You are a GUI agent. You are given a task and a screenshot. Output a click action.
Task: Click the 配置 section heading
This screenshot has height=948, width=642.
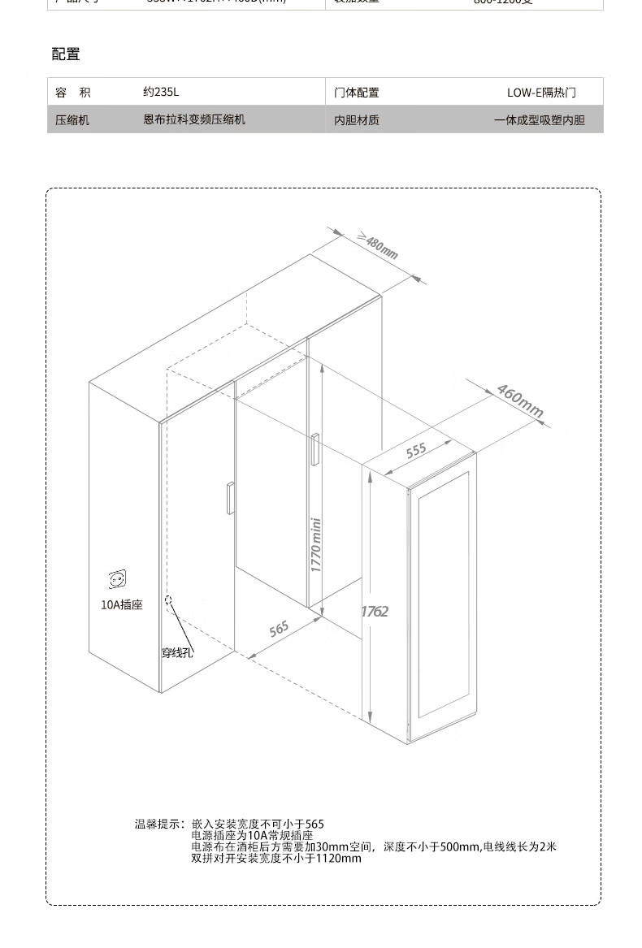click(66, 55)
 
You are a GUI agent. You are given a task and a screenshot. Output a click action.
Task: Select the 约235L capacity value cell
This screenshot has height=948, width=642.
click(160, 93)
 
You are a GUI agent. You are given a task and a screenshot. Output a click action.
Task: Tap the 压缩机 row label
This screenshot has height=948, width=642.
click(72, 120)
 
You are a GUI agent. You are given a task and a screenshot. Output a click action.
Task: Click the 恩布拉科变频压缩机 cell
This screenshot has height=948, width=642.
click(193, 120)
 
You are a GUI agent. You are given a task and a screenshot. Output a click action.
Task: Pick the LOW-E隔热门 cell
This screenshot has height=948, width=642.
click(541, 93)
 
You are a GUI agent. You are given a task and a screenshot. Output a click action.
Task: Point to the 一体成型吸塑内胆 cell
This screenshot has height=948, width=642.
click(539, 121)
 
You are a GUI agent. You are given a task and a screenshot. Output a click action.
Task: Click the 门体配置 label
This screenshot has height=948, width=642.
click(357, 93)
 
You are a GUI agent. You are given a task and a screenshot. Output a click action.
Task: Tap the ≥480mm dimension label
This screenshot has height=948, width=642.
click(377, 246)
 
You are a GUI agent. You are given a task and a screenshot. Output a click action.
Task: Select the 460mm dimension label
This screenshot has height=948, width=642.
click(519, 400)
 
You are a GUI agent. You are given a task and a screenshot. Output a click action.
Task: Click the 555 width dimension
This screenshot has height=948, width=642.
click(416, 451)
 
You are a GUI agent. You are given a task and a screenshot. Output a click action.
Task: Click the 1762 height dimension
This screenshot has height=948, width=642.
click(375, 611)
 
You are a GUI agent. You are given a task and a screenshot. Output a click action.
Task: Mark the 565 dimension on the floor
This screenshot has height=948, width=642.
click(279, 628)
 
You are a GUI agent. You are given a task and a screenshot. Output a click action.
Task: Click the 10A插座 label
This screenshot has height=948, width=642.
click(121, 605)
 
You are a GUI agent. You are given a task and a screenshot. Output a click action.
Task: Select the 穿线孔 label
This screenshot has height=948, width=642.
click(176, 652)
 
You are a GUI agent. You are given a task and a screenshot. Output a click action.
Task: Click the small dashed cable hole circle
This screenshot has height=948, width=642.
click(169, 600)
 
